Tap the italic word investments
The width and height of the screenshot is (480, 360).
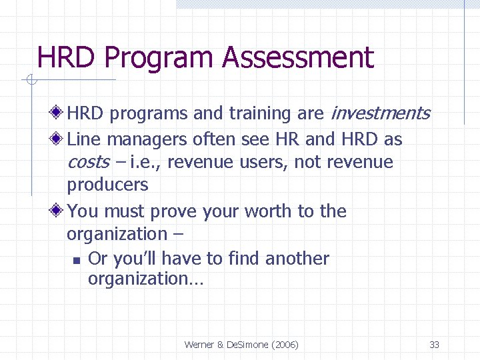click(380, 113)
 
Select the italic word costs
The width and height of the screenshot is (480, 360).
click(87, 162)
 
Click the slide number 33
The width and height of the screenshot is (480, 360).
click(434, 345)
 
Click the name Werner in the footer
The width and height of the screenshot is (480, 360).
click(199, 345)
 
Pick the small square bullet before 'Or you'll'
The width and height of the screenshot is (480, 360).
click(77, 260)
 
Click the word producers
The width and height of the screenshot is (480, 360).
click(107, 185)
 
